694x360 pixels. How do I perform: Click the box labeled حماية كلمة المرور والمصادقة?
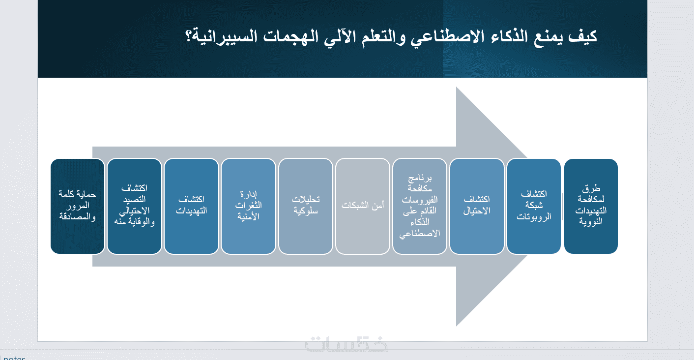point(78,206)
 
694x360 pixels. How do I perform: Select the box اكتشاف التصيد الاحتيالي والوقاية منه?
point(135,206)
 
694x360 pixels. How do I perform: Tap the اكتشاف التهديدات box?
point(192,206)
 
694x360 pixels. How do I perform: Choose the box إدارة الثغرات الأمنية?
point(249,206)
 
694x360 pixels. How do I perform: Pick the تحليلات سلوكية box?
point(306,206)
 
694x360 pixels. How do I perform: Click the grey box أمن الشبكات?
point(363,206)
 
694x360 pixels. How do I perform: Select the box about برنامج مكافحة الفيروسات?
point(420,206)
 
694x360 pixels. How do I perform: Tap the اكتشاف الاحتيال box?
point(477,206)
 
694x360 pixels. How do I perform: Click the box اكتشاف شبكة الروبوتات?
point(534,206)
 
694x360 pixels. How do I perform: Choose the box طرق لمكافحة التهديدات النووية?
point(591,206)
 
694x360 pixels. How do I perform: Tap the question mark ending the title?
point(189,36)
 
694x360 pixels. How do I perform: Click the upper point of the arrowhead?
point(457,87)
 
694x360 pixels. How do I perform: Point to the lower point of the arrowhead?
point(457,326)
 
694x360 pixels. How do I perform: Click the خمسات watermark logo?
point(347,344)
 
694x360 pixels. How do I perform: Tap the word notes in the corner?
point(14,358)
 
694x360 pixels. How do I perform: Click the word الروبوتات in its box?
point(534,216)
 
